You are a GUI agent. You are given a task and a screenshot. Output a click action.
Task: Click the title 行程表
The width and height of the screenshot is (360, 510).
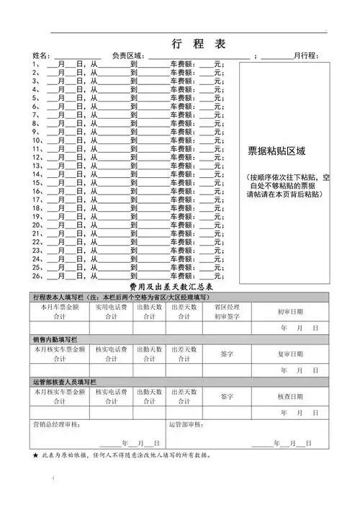tap(199, 44)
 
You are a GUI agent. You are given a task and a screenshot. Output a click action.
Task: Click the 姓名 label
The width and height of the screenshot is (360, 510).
tap(41, 56)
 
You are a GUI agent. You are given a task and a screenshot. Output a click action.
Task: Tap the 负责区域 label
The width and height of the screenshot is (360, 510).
tap(130, 56)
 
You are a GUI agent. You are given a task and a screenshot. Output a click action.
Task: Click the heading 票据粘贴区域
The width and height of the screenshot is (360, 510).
tap(277, 152)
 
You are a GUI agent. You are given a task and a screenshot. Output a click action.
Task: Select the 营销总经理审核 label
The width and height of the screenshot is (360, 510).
tap(61, 425)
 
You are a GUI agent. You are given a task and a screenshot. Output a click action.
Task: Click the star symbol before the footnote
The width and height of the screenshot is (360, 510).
tap(36, 456)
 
